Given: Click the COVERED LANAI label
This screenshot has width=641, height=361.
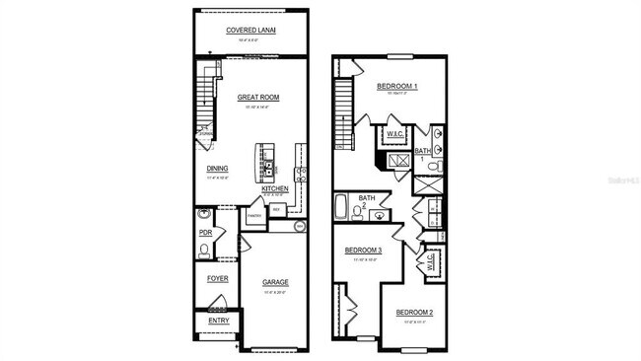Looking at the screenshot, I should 250,31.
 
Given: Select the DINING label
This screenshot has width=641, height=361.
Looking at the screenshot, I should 217,168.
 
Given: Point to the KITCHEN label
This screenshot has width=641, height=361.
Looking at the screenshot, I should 274,188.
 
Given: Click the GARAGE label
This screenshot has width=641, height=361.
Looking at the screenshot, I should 275,282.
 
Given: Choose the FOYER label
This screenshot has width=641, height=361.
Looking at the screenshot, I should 217,278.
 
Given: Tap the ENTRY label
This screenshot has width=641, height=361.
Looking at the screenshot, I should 218,320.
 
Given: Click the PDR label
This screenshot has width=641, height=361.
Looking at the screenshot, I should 206,233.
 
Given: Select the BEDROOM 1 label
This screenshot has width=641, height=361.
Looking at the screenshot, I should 397,87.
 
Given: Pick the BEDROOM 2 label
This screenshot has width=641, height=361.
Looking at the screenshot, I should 414,313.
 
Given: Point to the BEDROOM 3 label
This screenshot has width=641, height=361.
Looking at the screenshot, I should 363,251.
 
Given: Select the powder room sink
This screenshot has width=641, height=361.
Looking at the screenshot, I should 203,214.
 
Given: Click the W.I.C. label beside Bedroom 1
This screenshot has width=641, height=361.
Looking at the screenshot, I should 395,133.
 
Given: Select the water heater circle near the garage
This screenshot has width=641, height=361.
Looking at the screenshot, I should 300,226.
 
